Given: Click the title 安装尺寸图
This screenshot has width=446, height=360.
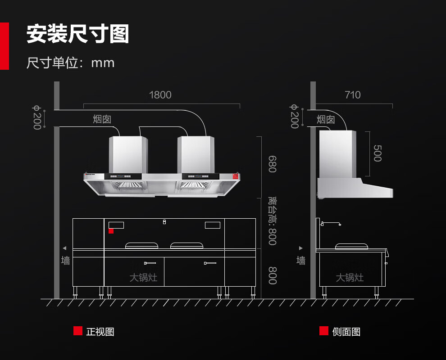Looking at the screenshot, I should tap(77, 34).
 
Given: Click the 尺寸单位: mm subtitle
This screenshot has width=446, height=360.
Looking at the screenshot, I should tap(70, 62).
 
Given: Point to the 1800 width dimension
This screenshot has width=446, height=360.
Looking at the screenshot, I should tap(160, 95).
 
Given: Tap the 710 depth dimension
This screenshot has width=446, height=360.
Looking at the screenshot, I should tap(353, 95).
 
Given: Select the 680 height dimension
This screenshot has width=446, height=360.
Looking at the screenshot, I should tap(272, 164).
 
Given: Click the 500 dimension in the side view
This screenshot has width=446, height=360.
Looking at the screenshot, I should tap(378, 153).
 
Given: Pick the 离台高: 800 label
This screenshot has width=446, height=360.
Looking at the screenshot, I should tap(272, 220).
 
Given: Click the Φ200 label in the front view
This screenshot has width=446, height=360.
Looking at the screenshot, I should tap(36, 117).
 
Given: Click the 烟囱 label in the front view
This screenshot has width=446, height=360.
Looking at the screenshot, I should tap(102, 119).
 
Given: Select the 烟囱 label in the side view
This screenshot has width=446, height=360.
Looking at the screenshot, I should tap(326, 119).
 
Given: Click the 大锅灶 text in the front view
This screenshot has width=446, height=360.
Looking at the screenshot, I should tap(143, 278).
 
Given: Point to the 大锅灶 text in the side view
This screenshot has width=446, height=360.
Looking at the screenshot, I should tap(350, 278).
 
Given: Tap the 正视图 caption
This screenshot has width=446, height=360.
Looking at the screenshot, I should tap(100, 332).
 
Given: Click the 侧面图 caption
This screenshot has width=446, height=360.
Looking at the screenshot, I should tap(346, 332).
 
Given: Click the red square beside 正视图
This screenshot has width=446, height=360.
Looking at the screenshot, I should tap(78, 331).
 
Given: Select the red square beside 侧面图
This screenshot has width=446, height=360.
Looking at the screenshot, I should tap(324, 331).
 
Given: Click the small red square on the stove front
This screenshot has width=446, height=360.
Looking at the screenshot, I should tap(111, 231).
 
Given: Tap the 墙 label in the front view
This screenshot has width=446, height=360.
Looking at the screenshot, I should tap(66, 260).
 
